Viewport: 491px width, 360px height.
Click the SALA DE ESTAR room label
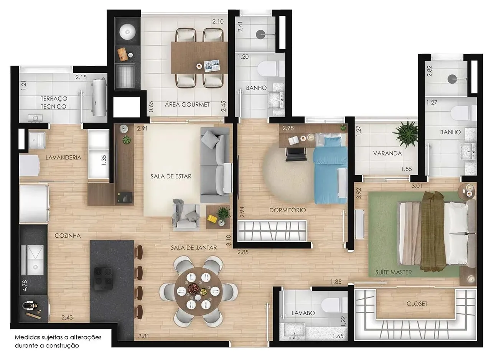(x=170, y=177)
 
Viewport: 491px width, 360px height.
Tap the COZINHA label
(x=68, y=236)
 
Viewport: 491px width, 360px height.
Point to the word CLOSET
(x=417, y=304)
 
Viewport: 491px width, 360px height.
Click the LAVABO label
(x=303, y=313)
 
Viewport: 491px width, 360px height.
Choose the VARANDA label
(x=387, y=153)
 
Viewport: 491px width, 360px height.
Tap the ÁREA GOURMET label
(x=187, y=104)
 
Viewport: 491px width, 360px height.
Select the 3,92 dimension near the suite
(x=359, y=193)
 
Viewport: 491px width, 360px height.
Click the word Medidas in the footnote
(x=27, y=338)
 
